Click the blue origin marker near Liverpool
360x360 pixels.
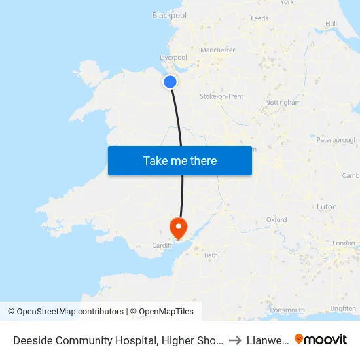click(170, 82)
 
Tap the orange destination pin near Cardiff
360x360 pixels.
click(178, 227)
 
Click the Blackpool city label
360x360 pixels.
click(169, 15)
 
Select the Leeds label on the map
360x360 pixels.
click(260, 18)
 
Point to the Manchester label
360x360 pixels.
click(218, 50)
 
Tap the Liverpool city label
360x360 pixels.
click(173, 58)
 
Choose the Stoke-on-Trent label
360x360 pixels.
click(221, 96)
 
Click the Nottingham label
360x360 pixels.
click(283, 103)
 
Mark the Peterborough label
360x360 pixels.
click(336, 140)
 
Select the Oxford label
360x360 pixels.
click(276, 220)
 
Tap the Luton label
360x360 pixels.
click(327, 207)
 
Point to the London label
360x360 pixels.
click(344, 243)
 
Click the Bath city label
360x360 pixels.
click(211, 255)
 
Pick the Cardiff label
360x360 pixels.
click(162, 246)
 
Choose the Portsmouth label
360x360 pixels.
click(287, 310)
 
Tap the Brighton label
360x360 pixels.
click(344, 309)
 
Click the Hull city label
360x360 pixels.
click(331, 24)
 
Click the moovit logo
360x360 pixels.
click(321, 339)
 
